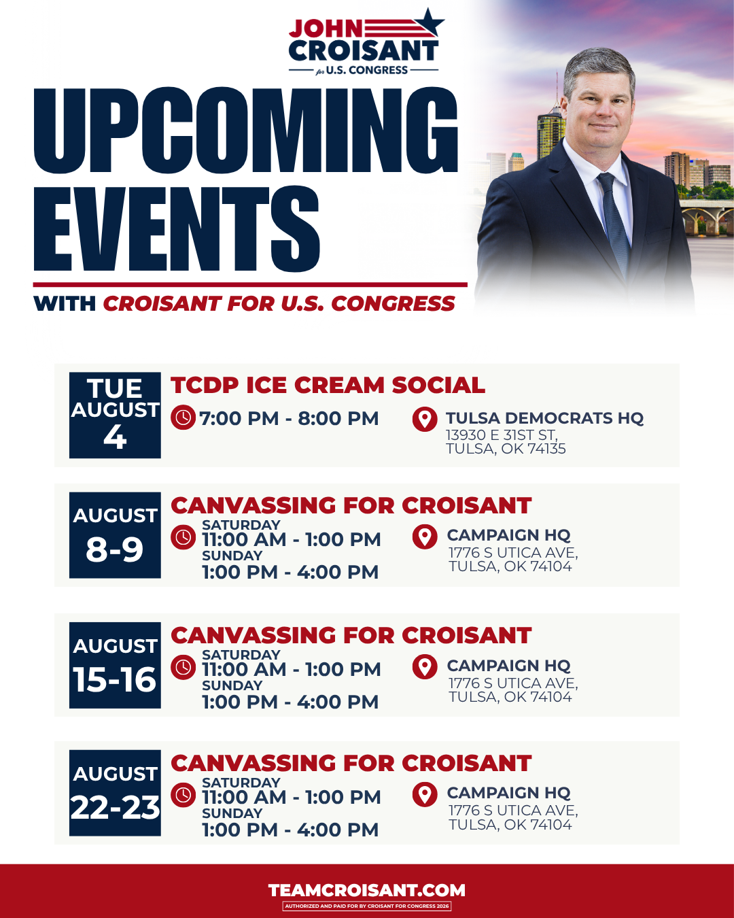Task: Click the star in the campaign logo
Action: pos(429,22)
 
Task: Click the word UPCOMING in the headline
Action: pos(245,130)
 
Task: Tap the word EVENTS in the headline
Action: pos(177,229)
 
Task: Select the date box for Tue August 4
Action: pos(115,415)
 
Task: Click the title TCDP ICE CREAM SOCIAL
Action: pos(328,385)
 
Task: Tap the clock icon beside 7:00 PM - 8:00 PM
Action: pos(183,418)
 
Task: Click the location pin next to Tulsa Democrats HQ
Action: pos(425,419)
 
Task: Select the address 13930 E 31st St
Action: pos(502,435)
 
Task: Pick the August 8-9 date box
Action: pos(115,535)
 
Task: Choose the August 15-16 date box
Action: pos(115,665)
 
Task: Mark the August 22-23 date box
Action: pos(115,793)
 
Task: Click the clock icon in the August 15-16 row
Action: pos(183,667)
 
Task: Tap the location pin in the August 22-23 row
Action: pos(425,795)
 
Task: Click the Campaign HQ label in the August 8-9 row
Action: pos(508,535)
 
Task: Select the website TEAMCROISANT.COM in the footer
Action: pos(367,890)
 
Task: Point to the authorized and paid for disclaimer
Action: pos(367,906)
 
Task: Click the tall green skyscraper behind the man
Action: pos(550,128)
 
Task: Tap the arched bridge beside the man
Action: pos(707,218)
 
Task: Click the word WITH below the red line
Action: pos(65,304)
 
